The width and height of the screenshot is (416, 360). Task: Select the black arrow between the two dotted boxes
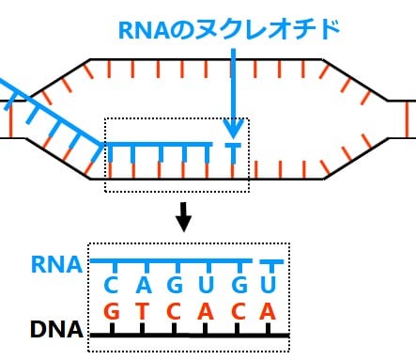click(x=184, y=218)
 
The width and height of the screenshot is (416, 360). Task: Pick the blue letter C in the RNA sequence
click(x=111, y=283)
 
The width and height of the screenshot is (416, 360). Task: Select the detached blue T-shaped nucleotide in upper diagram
click(x=233, y=150)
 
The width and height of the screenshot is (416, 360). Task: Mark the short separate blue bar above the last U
click(x=271, y=260)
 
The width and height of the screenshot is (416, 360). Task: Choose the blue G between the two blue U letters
click(x=239, y=283)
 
